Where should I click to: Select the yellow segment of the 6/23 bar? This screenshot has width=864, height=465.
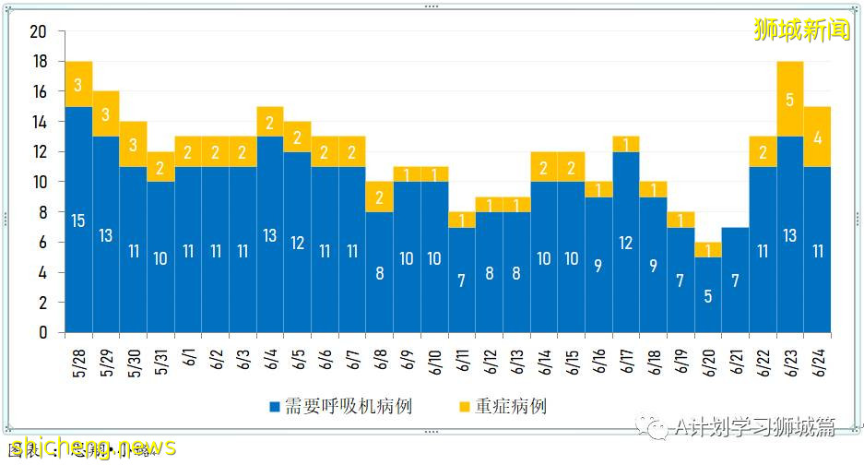click(x=790, y=98)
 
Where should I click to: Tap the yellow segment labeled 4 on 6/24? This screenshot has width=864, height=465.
click(x=818, y=137)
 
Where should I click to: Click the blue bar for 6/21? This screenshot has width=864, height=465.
click(x=736, y=280)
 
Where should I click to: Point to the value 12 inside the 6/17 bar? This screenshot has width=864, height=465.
click(x=626, y=243)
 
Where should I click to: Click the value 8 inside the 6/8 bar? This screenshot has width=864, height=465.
click(x=380, y=273)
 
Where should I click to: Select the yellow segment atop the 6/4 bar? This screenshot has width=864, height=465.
click(x=270, y=122)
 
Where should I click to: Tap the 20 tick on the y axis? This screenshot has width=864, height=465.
click(x=38, y=31)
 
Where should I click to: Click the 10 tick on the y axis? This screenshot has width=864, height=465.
click(x=38, y=182)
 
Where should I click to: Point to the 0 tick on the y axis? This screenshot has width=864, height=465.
click(x=42, y=332)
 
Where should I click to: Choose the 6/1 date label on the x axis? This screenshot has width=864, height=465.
click(x=187, y=355)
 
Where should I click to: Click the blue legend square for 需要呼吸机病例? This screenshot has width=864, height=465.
click(x=274, y=407)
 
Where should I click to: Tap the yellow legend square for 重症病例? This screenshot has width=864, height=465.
click(x=463, y=407)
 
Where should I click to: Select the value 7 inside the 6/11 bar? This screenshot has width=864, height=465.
click(x=462, y=280)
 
